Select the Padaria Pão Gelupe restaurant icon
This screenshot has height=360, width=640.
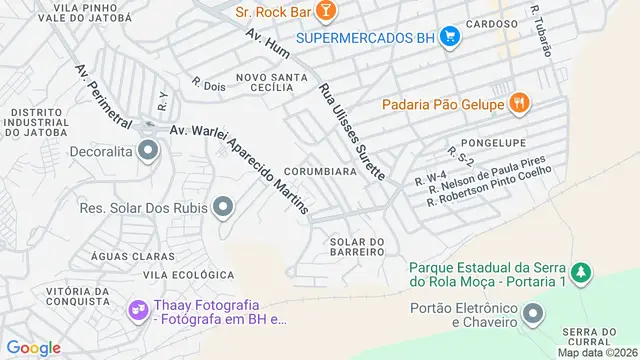point(518,102)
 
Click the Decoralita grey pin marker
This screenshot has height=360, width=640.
point(148,152)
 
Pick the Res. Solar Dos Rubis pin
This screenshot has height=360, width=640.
point(223,208)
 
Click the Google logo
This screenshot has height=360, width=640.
point(33,347)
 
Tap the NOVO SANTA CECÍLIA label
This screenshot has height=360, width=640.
point(264,81)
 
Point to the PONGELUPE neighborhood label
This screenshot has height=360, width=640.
point(492,143)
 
